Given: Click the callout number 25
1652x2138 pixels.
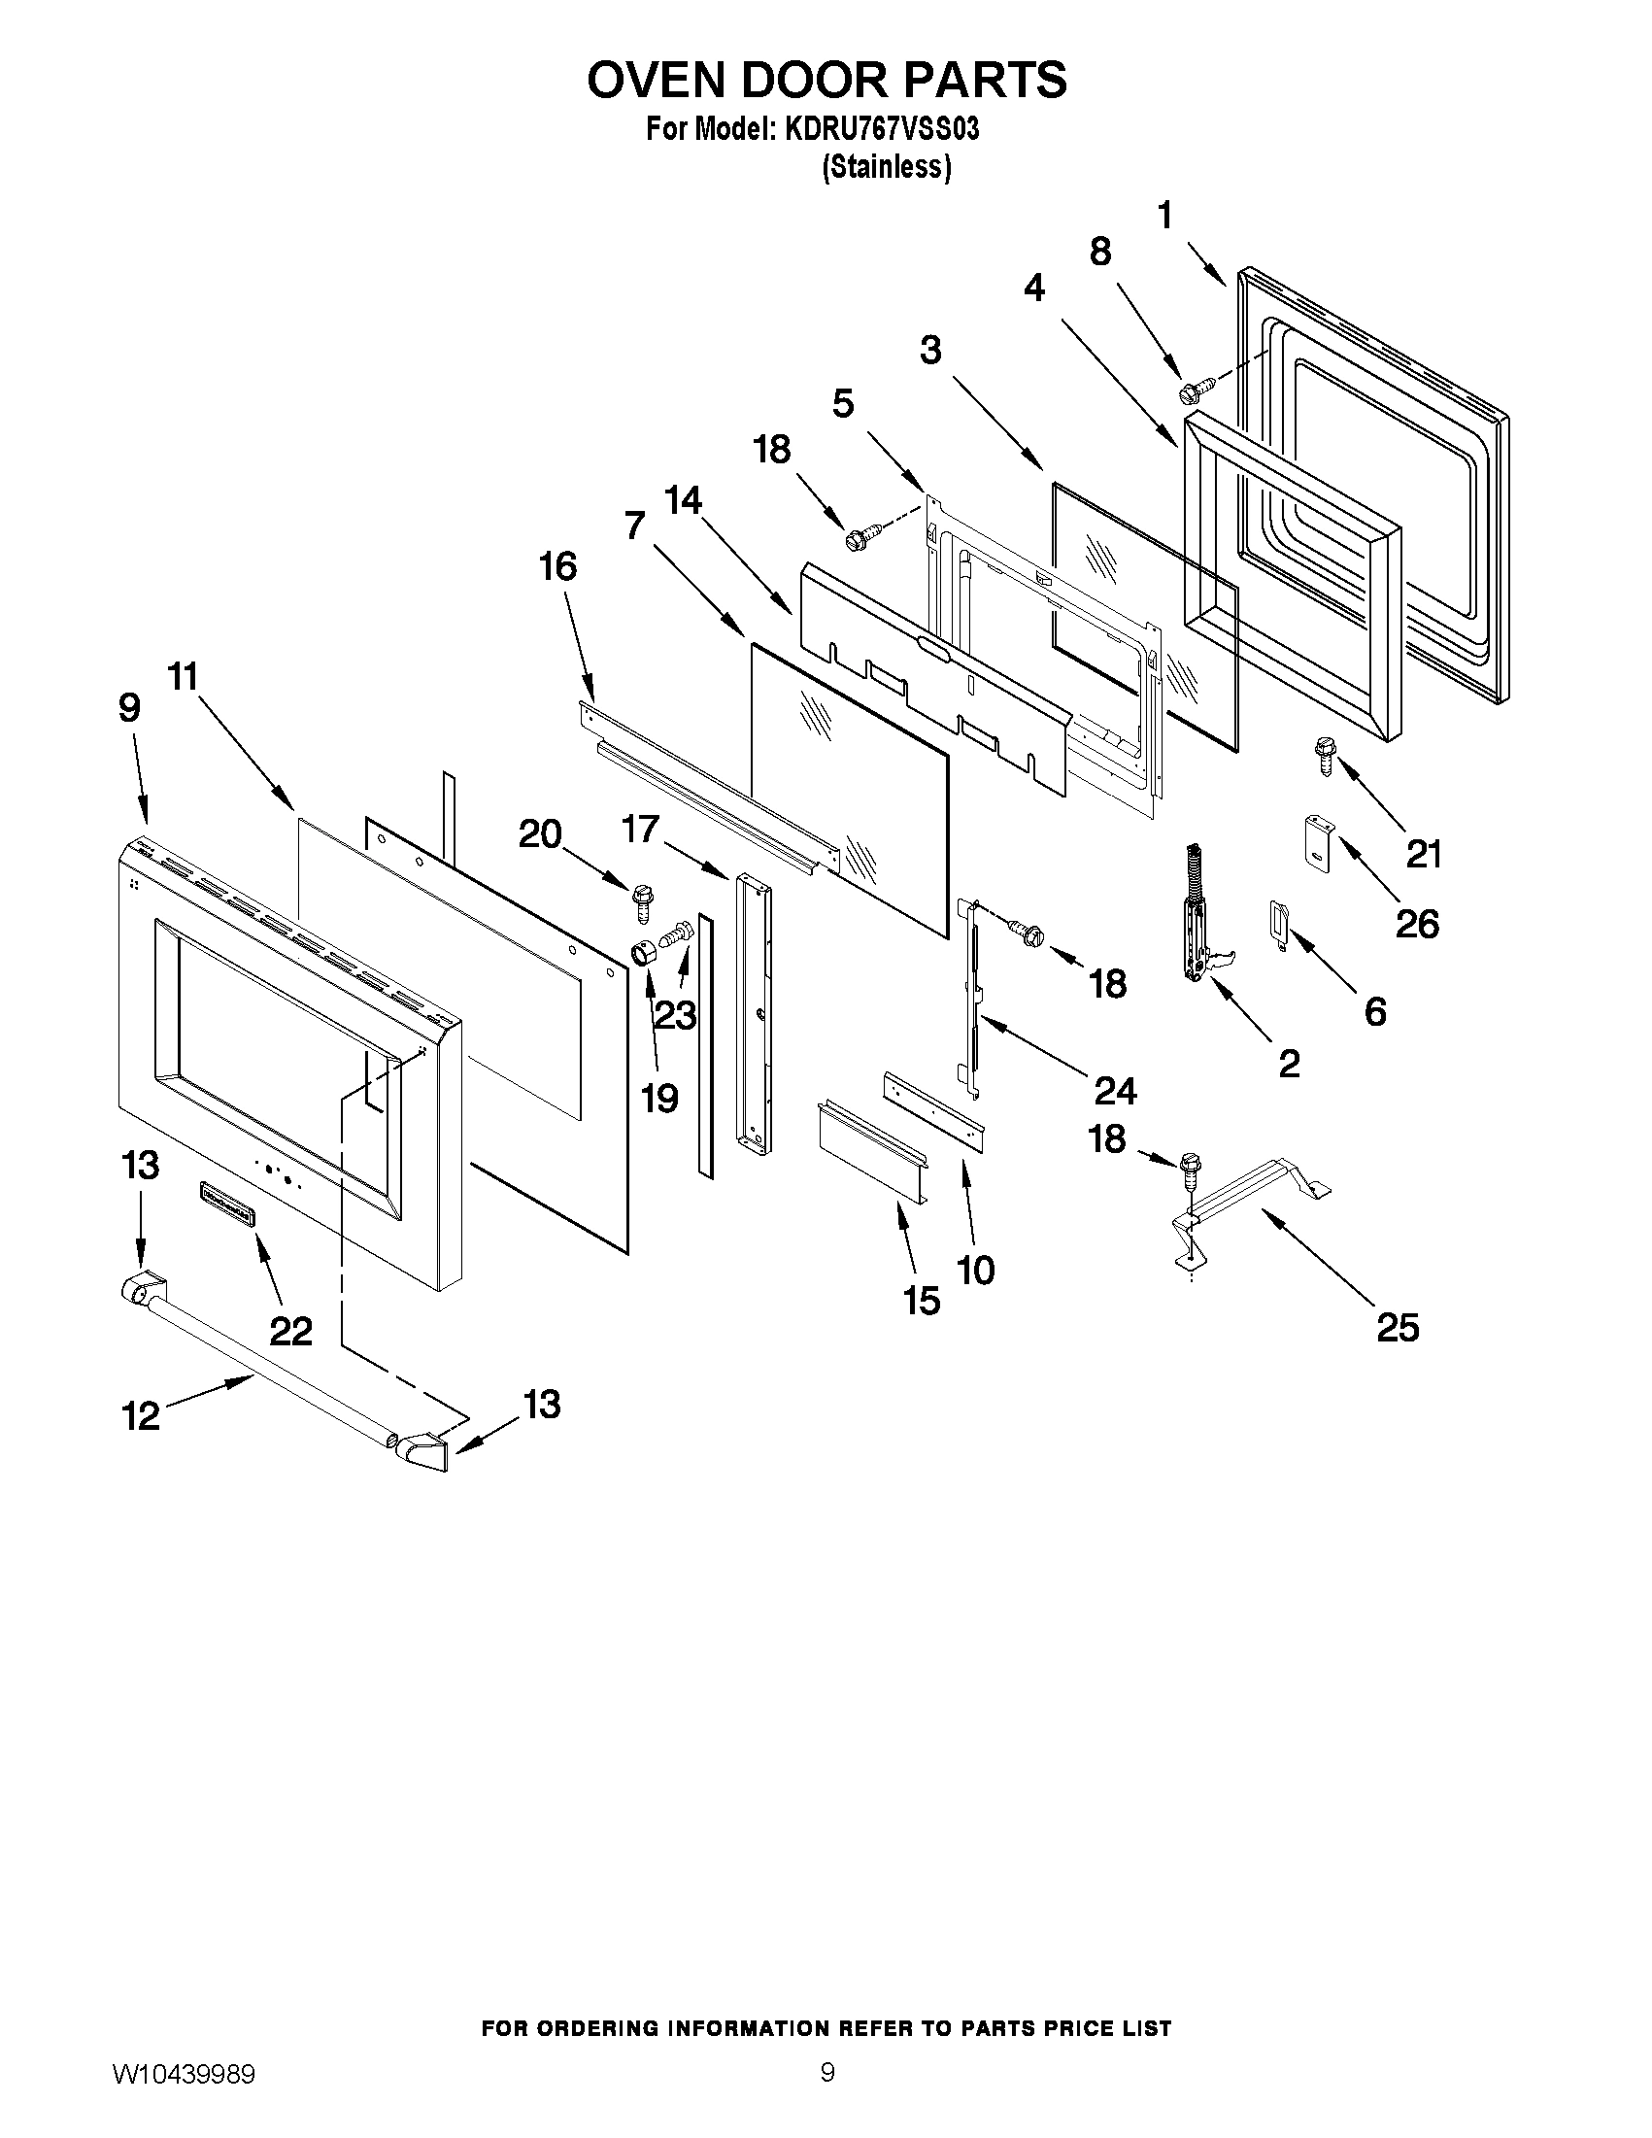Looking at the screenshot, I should pyautogui.click(x=1397, y=1328).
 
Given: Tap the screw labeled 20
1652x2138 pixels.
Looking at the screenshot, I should pyautogui.click(x=644, y=901).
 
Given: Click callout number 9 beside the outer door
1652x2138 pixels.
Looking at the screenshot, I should pyautogui.click(x=129, y=708).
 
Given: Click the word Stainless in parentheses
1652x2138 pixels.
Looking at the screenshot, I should pyautogui.click(x=886, y=168).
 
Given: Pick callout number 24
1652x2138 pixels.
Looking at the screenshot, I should pyautogui.click(x=1115, y=1090).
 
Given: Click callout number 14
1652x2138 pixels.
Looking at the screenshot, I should pyautogui.click(x=683, y=500).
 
